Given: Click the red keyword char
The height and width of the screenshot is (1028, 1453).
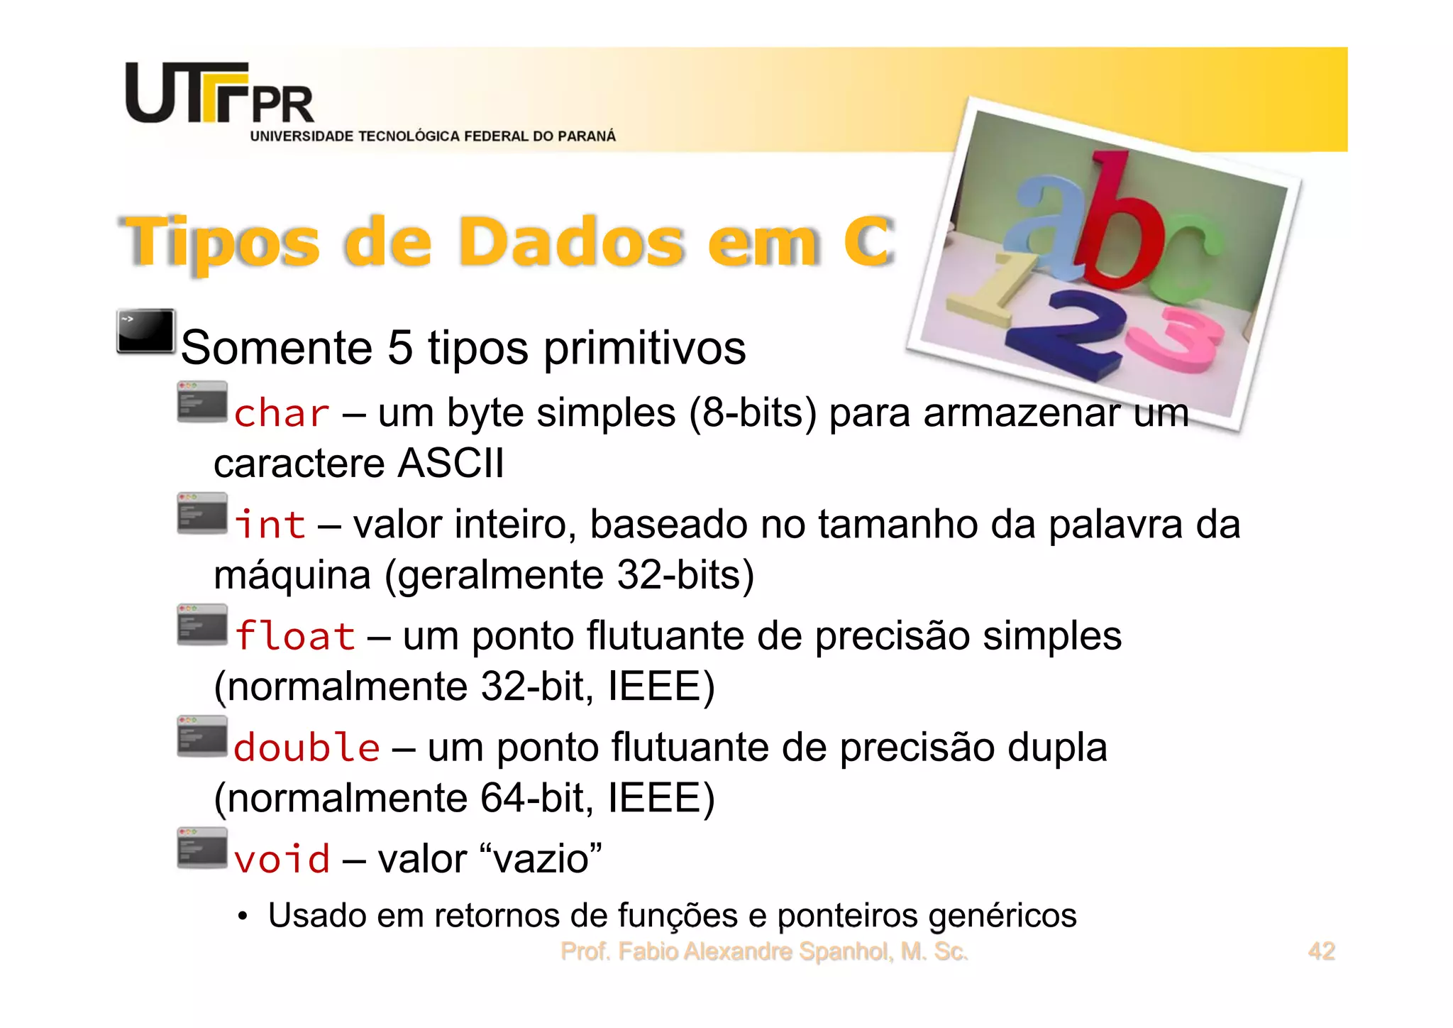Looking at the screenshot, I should point(282,414).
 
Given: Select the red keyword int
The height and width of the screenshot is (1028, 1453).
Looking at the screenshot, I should point(270,525).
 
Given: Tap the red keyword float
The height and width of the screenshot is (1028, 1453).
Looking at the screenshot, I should point(294,636).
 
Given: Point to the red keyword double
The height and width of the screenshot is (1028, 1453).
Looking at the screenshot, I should point(306,748).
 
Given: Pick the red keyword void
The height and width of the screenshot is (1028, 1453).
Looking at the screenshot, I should point(282,859).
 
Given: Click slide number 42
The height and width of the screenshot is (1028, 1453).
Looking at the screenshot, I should point(1321,951).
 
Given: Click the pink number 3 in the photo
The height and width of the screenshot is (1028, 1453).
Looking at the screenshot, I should point(1178,341).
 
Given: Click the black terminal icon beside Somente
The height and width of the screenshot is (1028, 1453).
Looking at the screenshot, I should point(146,331).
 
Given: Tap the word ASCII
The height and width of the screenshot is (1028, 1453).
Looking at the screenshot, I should point(451,464).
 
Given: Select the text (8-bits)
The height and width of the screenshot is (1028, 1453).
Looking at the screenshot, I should point(753,413).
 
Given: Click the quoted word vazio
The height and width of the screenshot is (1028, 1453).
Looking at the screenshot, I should point(541,859).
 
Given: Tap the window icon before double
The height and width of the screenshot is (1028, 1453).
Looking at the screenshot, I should point(202,736).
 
